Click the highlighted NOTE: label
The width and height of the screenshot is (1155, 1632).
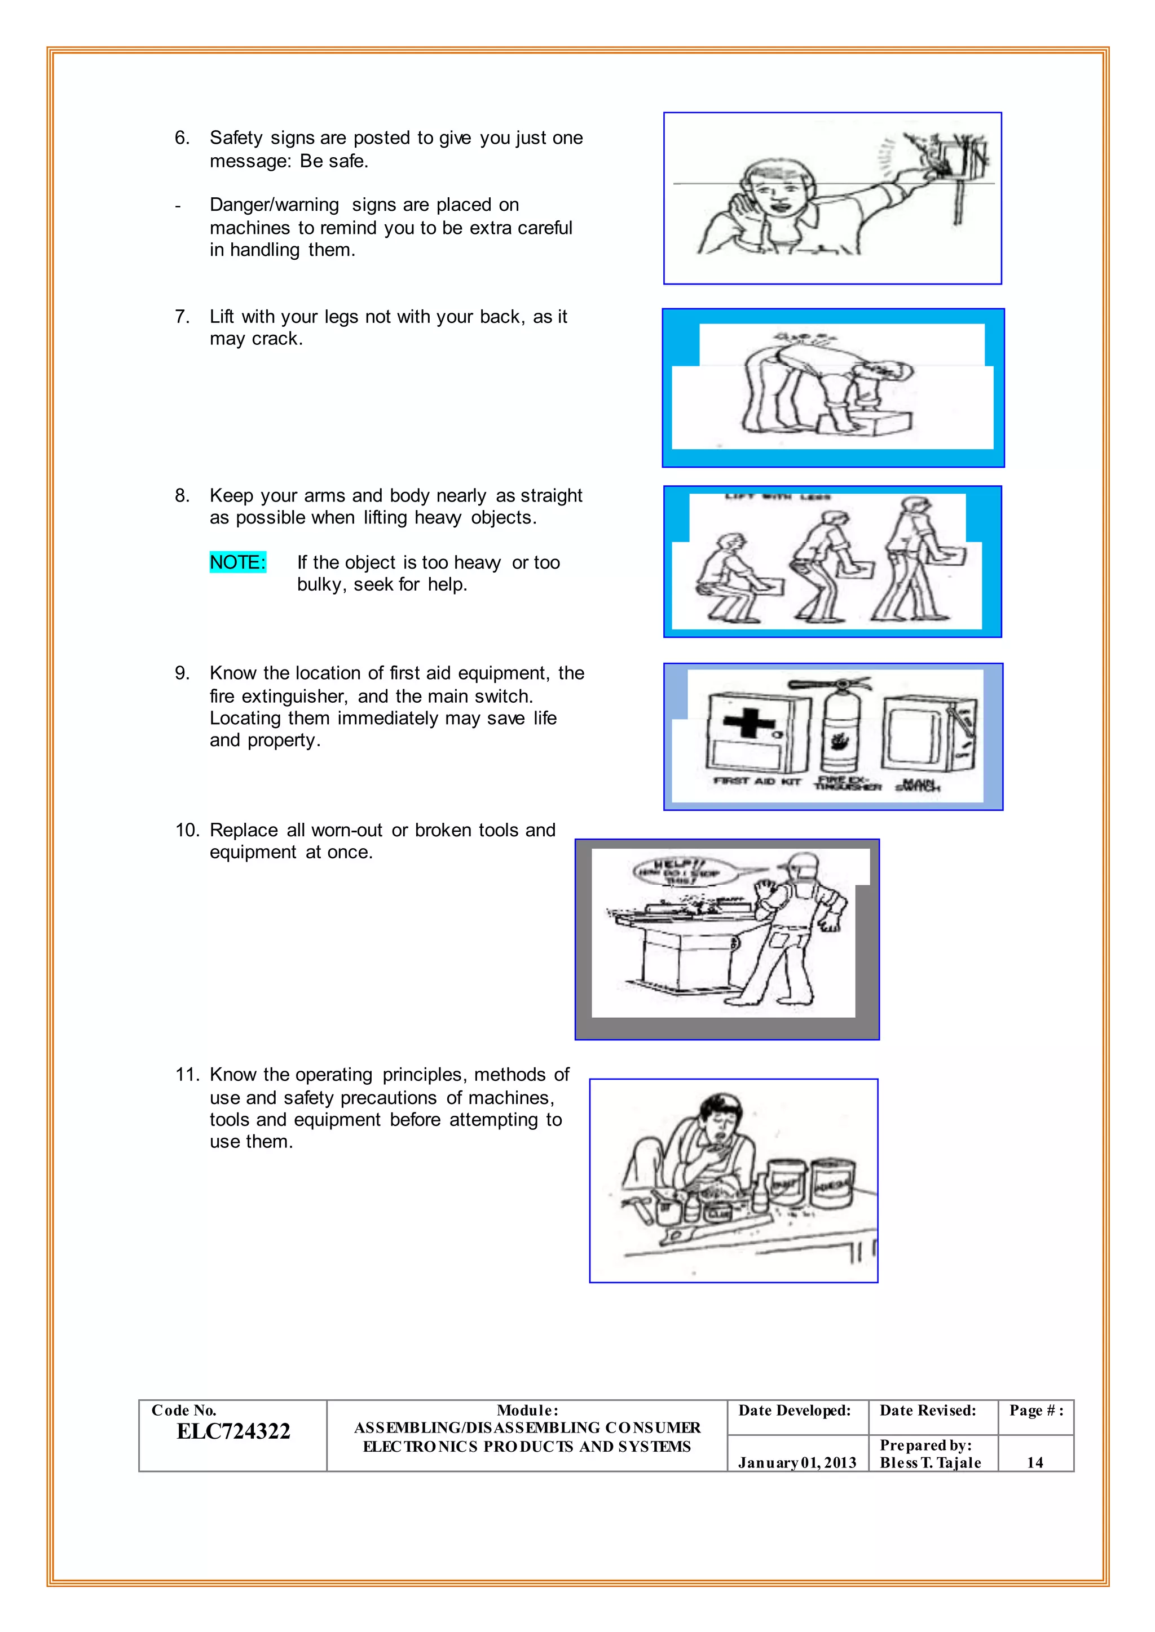coord(237,562)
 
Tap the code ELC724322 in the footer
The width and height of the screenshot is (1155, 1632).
coord(233,1431)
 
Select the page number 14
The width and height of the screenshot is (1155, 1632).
coord(1035,1462)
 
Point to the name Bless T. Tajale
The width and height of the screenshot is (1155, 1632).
coord(930,1462)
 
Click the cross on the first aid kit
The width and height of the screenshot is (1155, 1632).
coord(749,723)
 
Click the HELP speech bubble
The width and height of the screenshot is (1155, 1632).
coord(676,871)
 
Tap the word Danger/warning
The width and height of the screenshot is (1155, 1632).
coord(274,205)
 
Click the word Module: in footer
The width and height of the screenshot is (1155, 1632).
coord(527,1410)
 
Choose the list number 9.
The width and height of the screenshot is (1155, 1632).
coord(182,673)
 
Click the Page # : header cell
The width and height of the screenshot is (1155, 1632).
coord(1035,1410)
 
